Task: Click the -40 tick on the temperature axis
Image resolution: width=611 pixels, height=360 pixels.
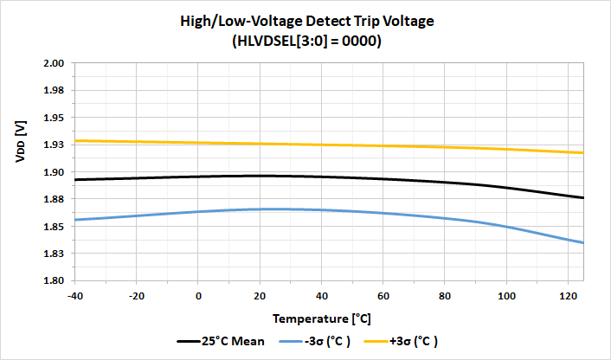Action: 75,294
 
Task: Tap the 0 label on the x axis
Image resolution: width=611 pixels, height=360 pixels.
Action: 199,294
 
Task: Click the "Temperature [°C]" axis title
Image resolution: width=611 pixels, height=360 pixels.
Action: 329,318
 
